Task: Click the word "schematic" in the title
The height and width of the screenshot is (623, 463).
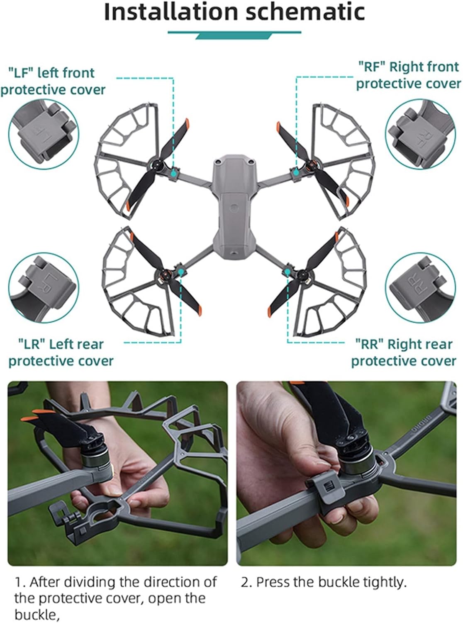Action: (305, 12)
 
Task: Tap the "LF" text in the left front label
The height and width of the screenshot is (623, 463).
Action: (19, 73)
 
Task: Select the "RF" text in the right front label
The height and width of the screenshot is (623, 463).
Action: (372, 67)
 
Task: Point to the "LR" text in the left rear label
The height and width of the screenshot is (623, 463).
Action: (32, 345)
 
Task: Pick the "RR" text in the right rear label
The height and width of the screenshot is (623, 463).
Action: (369, 344)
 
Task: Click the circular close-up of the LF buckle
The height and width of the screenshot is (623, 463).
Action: (44, 134)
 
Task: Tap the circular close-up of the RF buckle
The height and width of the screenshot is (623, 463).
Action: (420, 134)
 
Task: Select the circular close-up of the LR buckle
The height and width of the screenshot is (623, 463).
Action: (44, 288)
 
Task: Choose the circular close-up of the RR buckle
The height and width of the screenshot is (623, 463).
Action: (420, 288)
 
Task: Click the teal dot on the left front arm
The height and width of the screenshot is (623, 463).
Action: (174, 174)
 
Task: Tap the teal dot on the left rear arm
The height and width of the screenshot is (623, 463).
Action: (181, 271)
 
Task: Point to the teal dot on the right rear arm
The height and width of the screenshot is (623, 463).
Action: (287, 271)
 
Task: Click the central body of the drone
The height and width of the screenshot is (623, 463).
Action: (234, 205)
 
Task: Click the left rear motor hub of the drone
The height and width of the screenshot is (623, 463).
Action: (167, 273)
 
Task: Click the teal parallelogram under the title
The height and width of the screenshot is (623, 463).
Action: (234, 36)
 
